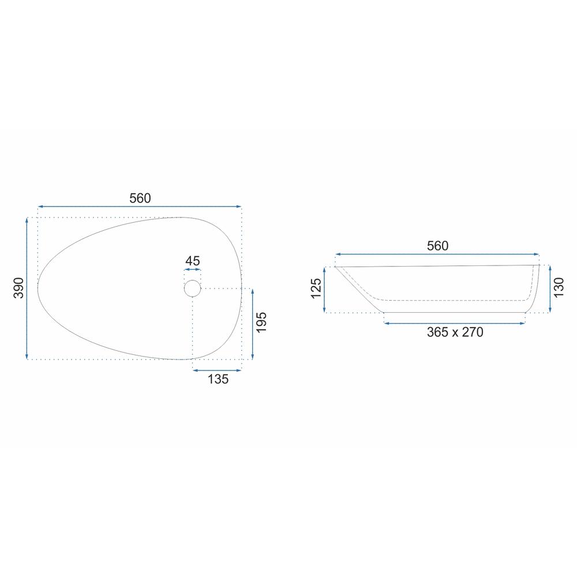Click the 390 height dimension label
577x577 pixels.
pyautogui.click(x=18, y=288)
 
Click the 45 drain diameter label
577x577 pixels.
pyautogui.click(x=193, y=261)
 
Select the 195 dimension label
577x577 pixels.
pyautogui.click(x=261, y=323)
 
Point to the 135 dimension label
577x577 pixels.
pyautogui.click(x=218, y=379)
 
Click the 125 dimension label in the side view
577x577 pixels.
pyautogui.click(x=316, y=288)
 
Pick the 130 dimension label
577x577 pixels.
pyautogui.click(x=558, y=288)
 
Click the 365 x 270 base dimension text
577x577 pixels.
pyautogui.click(x=455, y=332)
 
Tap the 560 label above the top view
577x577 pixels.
pyautogui.click(x=140, y=198)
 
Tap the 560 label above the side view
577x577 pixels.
pyautogui.click(x=437, y=246)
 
